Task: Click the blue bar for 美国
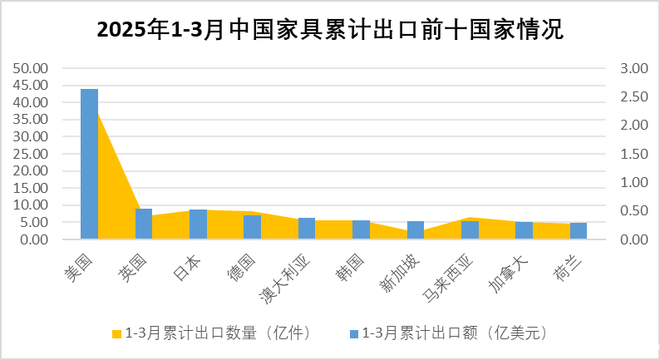[x=89, y=164]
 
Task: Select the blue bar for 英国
[x=144, y=224]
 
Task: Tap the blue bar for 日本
[x=198, y=224]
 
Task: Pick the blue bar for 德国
[x=252, y=227]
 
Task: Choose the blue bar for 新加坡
[x=416, y=230]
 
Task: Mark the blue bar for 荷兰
[x=578, y=231]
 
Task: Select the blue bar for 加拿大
[x=524, y=230]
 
